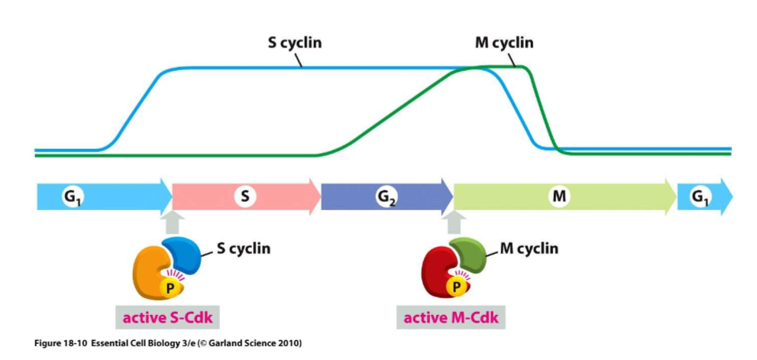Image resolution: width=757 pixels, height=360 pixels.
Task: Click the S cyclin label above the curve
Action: (x=294, y=43)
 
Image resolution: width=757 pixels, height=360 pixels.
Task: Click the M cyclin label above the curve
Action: (x=503, y=43)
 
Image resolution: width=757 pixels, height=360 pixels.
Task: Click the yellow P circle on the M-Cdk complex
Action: (x=458, y=287)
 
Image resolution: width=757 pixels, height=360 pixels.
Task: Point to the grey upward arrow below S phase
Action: (x=173, y=222)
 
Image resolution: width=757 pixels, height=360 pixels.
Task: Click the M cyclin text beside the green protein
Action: (x=529, y=248)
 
